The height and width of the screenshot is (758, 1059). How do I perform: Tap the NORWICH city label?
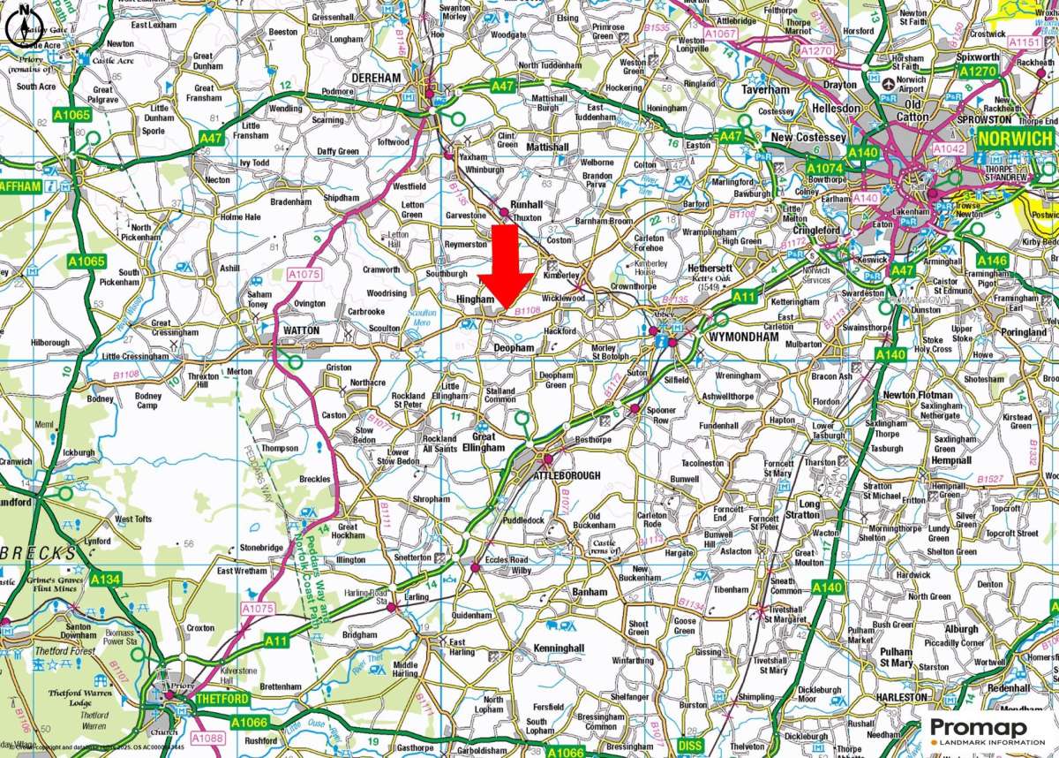pyautogui.click(x=1015, y=139)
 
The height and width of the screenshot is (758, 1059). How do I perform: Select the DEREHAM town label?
pyautogui.click(x=377, y=79)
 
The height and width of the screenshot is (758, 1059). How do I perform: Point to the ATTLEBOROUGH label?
pyautogui.click(x=567, y=475)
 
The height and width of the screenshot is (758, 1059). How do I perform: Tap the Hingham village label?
pyautogui.click(x=476, y=300)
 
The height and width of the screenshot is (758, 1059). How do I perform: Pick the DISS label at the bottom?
pyautogui.click(x=690, y=746)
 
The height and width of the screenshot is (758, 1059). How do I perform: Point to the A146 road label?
pyautogui.click(x=992, y=261)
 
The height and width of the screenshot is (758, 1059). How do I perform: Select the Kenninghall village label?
pyautogui.click(x=559, y=648)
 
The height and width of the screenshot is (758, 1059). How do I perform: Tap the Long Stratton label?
pyautogui.click(x=809, y=509)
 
